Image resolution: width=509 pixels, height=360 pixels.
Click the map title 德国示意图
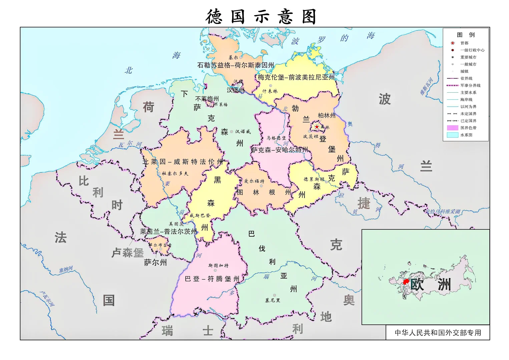coord(261,16)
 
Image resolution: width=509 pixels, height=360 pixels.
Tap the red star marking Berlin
coord(317,127)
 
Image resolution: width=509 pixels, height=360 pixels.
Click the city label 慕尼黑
coord(273,300)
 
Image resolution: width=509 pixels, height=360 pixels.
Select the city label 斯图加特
coord(218,266)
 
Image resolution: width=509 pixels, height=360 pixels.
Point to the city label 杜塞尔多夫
coord(175,173)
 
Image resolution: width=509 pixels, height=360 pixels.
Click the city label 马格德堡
coord(276,138)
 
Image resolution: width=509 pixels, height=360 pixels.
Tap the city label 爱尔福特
coord(254,181)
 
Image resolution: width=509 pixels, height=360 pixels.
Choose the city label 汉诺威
coord(243,131)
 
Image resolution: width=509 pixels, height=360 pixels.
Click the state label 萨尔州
coord(155,263)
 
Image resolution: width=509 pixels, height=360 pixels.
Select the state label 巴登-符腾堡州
coord(212,279)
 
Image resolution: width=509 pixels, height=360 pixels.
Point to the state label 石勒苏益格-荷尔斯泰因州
coord(235,65)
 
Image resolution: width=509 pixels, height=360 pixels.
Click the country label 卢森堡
coord(127,253)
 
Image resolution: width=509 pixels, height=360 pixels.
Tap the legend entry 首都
coord(464,43)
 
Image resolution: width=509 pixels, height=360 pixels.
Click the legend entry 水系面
coord(466,135)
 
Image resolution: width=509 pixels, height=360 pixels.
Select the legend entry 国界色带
coord(468,128)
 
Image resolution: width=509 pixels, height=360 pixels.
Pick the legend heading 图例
coord(466,35)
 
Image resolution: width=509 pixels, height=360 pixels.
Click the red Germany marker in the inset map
coord(406,282)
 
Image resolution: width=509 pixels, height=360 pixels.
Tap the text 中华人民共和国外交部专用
coord(438,333)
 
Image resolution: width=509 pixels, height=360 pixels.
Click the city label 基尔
coord(233,58)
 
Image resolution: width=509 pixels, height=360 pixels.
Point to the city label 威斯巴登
coord(200,216)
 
